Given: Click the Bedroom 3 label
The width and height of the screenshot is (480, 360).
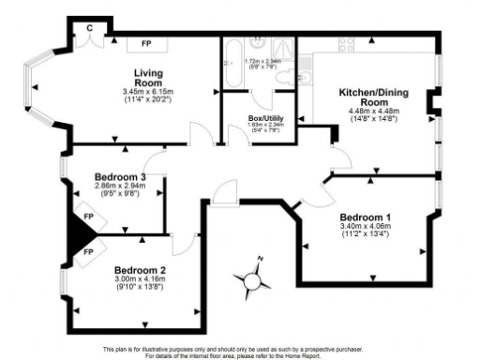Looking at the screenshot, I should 119,177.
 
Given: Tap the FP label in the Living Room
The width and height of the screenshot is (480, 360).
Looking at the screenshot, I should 147,44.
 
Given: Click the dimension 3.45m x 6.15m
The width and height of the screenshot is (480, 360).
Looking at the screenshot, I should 148,91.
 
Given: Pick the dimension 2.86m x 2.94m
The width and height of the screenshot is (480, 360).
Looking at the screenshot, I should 119,187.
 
